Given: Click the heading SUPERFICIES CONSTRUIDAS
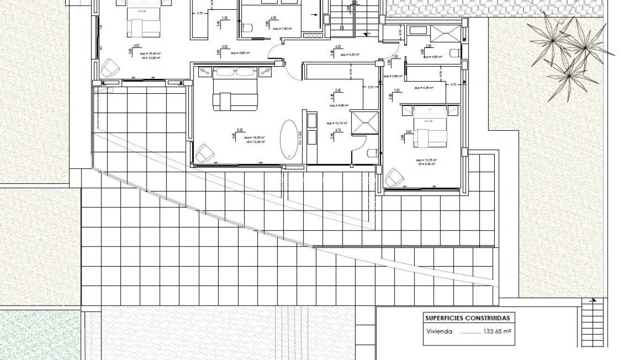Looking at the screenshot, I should click(x=467, y=318).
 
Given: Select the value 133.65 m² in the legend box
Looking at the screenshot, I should click(x=497, y=331).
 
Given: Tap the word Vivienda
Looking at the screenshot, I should click(x=439, y=331).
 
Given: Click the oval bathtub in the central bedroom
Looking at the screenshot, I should click(x=290, y=139).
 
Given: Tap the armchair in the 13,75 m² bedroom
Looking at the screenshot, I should click(x=394, y=178).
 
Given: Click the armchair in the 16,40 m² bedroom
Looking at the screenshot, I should click(x=110, y=68).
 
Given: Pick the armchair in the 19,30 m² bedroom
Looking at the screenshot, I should click(x=204, y=153).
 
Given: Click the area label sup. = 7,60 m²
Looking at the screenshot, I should click(x=283, y=29).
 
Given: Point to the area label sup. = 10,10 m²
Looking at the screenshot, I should click(x=337, y=123).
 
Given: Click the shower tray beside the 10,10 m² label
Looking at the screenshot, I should click(x=364, y=122).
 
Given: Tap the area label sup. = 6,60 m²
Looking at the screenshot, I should click(x=240, y=53).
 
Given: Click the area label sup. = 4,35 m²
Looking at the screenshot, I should click(x=424, y=88).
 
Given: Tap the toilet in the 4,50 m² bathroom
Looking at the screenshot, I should click(x=455, y=52).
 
